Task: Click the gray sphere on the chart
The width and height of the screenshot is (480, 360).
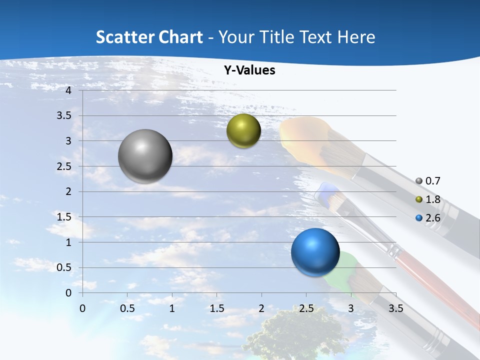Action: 145,156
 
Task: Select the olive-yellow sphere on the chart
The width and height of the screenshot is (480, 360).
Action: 243,130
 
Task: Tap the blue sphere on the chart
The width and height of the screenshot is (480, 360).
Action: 315,252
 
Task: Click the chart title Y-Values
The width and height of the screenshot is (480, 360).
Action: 249,70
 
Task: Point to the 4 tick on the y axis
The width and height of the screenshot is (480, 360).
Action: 69,90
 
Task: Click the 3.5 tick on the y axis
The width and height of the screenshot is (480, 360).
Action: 64,115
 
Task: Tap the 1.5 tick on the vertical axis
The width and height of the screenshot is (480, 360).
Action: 64,217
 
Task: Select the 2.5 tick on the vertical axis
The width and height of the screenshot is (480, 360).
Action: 64,166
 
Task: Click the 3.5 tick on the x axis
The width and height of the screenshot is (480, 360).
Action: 395,308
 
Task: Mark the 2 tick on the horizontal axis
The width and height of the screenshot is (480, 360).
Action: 261,308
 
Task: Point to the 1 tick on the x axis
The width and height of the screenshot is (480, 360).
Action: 172,308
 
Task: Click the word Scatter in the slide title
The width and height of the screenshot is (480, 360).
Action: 124,37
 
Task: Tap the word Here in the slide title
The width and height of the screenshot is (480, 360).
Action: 356,37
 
